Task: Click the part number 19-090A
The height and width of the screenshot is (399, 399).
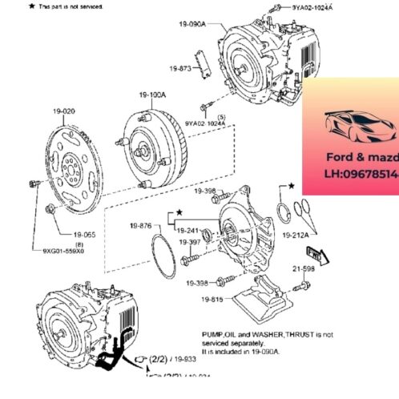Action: click(x=192, y=25)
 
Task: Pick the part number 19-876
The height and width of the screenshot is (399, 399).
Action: click(x=140, y=227)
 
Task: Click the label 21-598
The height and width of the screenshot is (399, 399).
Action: click(x=304, y=270)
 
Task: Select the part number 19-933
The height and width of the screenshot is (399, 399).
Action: click(x=184, y=360)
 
